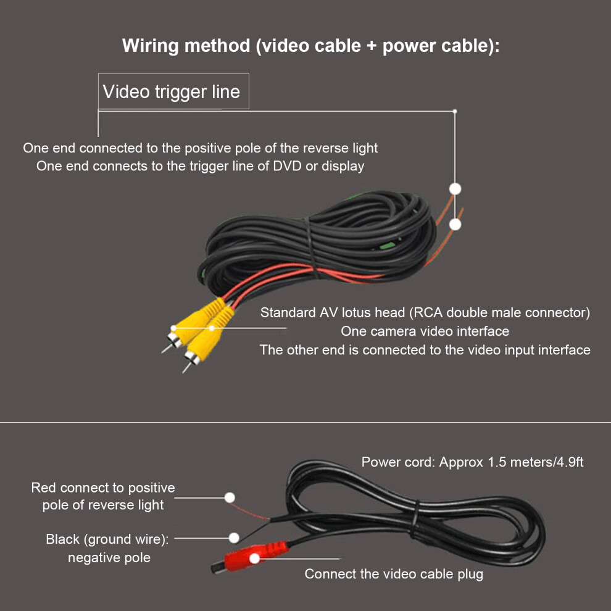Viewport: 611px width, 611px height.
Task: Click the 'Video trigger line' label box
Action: point(173,91)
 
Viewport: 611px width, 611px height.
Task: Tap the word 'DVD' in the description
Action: point(287,166)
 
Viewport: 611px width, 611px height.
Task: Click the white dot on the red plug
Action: point(254,559)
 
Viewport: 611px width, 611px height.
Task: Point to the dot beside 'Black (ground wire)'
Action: point(234,538)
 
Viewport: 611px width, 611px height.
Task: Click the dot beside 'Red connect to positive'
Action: point(230,497)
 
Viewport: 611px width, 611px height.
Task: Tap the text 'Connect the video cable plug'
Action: point(394,574)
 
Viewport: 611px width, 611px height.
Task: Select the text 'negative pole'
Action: point(109,558)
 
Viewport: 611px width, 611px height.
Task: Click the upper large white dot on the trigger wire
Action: point(455,189)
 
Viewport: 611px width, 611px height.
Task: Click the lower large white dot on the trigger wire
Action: point(455,225)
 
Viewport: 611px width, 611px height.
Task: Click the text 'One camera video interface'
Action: point(425,331)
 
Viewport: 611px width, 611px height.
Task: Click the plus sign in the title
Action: point(372,46)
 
